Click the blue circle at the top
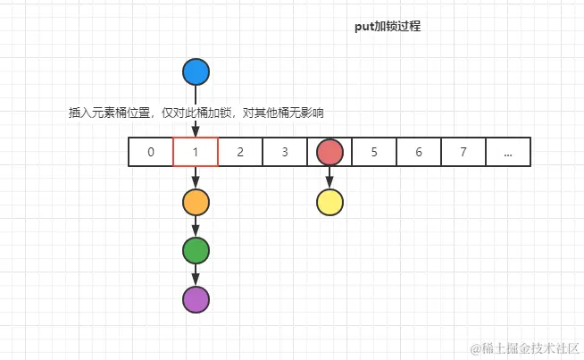click(196, 72)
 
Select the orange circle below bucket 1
click(196, 203)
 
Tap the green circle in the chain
click(196, 251)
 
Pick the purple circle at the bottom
click(196, 300)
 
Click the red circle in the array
click(330, 153)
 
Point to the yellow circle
click(330, 203)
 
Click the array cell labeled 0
click(151, 153)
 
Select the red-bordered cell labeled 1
click(196, 153)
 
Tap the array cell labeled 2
click(240, 153)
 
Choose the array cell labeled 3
click(285, 153)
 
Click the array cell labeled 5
click(374, 153)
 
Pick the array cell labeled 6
click(419, 153)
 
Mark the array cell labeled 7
click(463, 153)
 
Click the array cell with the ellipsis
click(508, 153)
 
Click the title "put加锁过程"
click(388, 27)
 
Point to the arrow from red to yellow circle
click(330, 178)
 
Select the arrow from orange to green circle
click(196, 227)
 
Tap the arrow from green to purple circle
click(196, 276)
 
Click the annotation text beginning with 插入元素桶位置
click(196, 113)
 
